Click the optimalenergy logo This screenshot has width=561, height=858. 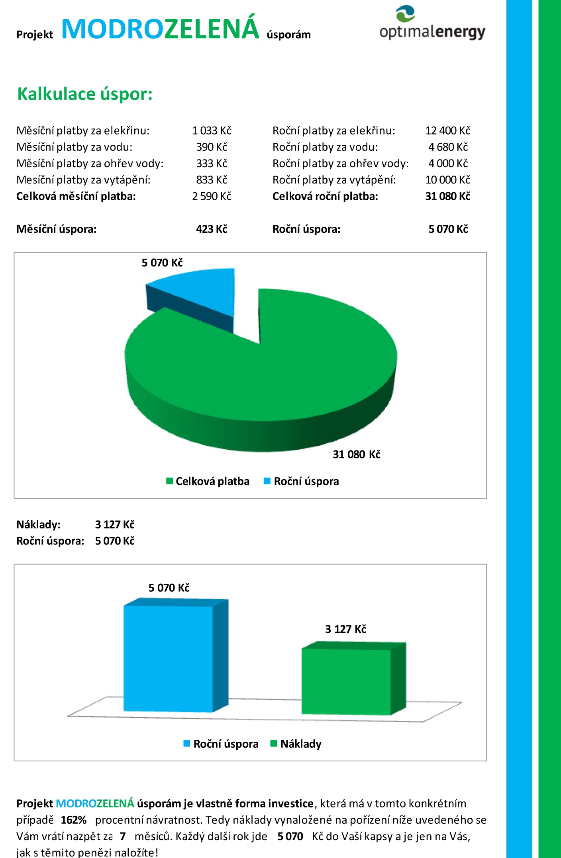[432, 23]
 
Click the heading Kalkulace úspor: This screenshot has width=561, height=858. [85, 94]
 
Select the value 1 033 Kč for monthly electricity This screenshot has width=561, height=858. [212, 131]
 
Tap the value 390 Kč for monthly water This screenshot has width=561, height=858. [212, 147]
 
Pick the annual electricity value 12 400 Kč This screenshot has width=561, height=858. [448, 131]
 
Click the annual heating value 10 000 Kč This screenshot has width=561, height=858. [448, 180]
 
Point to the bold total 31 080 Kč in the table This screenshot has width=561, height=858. [448, 196]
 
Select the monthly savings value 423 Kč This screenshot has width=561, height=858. [212, 229]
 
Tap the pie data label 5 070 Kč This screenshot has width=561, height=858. [162, 263]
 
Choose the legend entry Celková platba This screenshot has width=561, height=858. [208, 482]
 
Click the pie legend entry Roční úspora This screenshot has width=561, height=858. [302, 482]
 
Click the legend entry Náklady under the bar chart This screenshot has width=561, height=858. [296, 744]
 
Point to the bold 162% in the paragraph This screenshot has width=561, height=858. [74, 820]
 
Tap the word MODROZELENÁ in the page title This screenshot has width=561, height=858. [161, 28]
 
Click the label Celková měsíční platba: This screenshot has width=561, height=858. [76, 196]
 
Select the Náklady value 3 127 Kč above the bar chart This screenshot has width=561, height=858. [115, 525]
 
